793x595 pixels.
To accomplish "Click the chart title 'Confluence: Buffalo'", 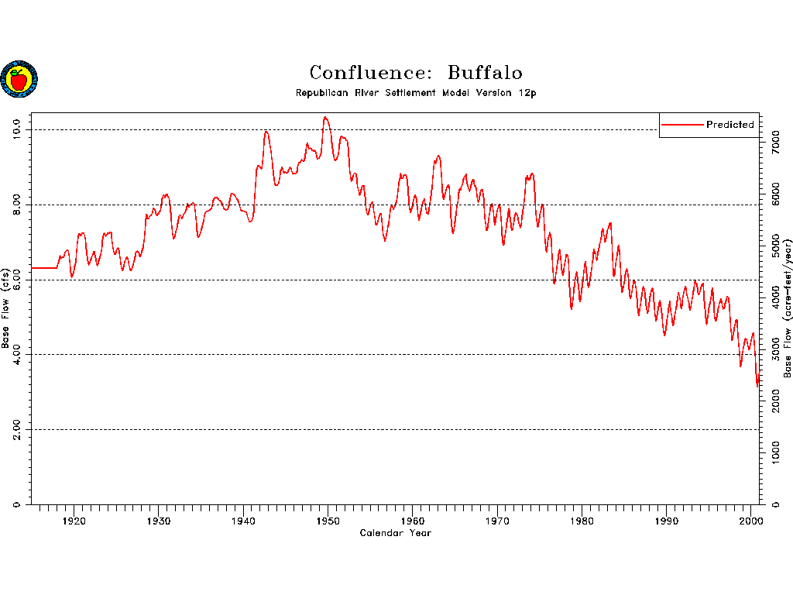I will (416, 73).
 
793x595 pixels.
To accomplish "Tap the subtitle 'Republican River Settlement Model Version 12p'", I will (416, 93).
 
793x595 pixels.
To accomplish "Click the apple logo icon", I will (19, 79).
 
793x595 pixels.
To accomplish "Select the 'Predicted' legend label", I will (729, 125).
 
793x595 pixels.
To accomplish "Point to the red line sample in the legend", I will (682, 125).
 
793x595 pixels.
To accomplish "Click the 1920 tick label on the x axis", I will (74, 520).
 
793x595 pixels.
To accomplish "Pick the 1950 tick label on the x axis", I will (328, 520).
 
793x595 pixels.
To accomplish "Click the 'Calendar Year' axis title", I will (395, 533).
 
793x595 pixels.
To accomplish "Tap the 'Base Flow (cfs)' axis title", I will (6, 308).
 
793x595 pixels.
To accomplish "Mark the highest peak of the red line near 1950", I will (326, 117).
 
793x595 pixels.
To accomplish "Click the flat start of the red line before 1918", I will (43, 267).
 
